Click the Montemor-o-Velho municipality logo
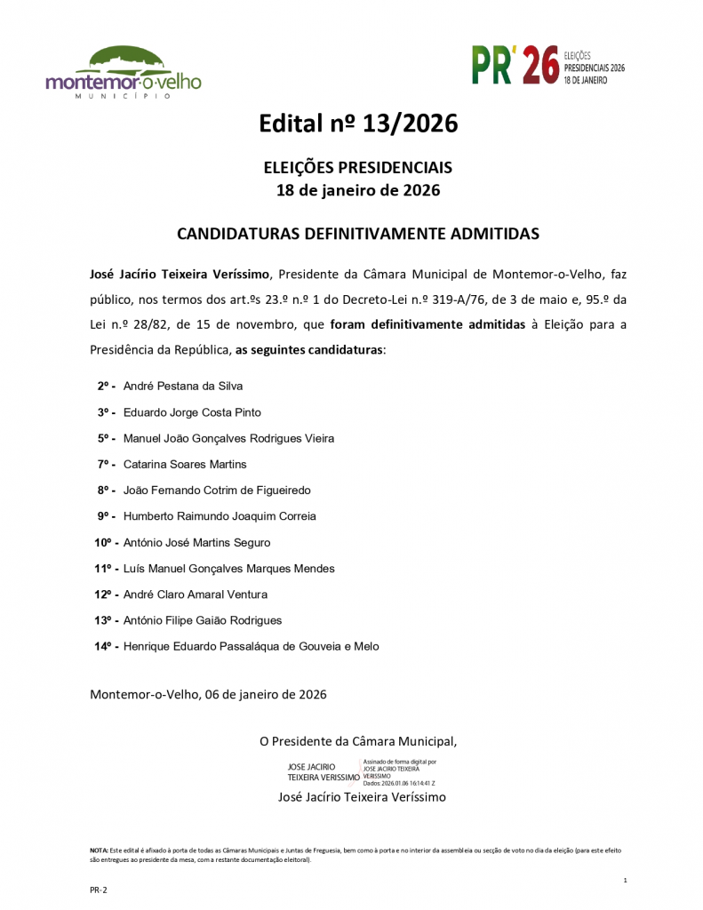(124, 73)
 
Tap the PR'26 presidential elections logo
(548, 67)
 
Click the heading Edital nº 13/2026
(358, 124)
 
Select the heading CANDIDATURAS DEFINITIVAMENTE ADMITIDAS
(358, 235)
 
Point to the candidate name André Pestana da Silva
(182, 387)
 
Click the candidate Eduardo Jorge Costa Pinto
(192, 412)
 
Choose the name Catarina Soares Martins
(185, 465)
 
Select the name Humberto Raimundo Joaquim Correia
(220, 516)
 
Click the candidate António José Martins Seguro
(196, 542)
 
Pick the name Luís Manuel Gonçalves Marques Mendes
(228, 569)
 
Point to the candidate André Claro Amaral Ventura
(195, 595)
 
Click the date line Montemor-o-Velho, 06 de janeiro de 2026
(208, 694)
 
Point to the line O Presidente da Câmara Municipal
(358, 740)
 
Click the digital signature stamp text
(399, 773)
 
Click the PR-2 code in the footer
(98, 890)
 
